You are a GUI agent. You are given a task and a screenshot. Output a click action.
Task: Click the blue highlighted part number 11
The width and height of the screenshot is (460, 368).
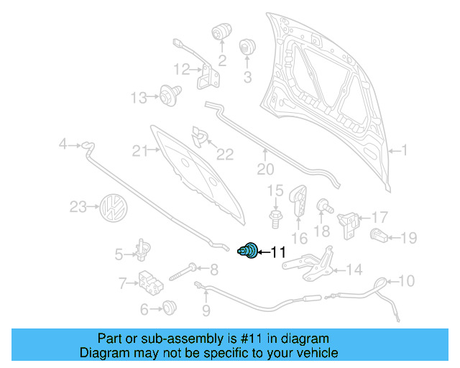point(248,251)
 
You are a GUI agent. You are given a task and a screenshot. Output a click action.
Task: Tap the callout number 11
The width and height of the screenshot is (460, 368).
point(277,252)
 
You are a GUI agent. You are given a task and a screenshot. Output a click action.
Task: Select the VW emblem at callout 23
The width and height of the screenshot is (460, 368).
point(114,208)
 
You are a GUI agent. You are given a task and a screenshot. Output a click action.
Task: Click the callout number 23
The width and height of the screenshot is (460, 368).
point(78,207)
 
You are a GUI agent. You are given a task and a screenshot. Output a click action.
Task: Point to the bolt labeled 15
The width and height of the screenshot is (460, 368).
point(275,218)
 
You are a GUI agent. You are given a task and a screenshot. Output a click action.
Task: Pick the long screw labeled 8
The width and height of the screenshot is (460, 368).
point(184,272)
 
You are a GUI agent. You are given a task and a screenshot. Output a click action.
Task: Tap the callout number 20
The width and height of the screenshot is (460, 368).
point(265,169)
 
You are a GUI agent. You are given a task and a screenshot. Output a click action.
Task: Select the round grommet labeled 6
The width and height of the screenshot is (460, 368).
point(170,308)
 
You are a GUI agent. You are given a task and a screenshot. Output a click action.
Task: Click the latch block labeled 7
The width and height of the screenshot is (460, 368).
point(150,283)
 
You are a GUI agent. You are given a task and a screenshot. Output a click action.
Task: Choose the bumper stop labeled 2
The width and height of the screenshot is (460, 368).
point(221,31)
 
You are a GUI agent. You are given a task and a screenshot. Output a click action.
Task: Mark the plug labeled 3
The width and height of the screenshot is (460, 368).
point(247,47)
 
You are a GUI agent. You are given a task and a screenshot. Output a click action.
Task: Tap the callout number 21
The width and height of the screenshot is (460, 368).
point(140,151)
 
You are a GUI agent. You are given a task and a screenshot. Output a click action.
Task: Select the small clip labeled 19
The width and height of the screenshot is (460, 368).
point(379,235)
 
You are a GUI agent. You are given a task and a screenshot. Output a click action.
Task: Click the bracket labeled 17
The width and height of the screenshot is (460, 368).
point(348,224)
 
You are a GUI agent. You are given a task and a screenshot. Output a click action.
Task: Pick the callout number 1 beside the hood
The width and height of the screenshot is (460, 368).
point(404,150)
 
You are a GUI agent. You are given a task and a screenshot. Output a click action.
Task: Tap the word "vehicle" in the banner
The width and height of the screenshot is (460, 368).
point(319,352)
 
